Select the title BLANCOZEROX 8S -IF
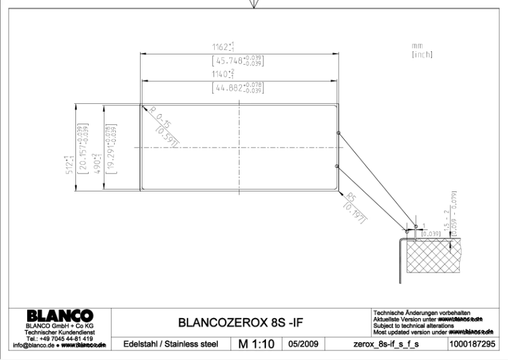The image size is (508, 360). [241, 322]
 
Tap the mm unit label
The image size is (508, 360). [416, 46]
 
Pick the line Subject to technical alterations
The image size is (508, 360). [414, 326]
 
